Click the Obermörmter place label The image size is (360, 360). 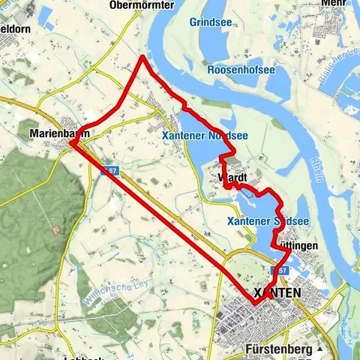[x=141, y=5]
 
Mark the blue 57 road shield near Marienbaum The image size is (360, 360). [x=109, y=170]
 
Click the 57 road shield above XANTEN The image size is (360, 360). [x=281, y=268]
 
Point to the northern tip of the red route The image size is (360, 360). [x=142, y=56]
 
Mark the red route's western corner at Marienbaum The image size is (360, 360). [x=70, y=142]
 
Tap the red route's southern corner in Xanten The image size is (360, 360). [x=253, y=304]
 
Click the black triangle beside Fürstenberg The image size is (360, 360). [x=319, y=349]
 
